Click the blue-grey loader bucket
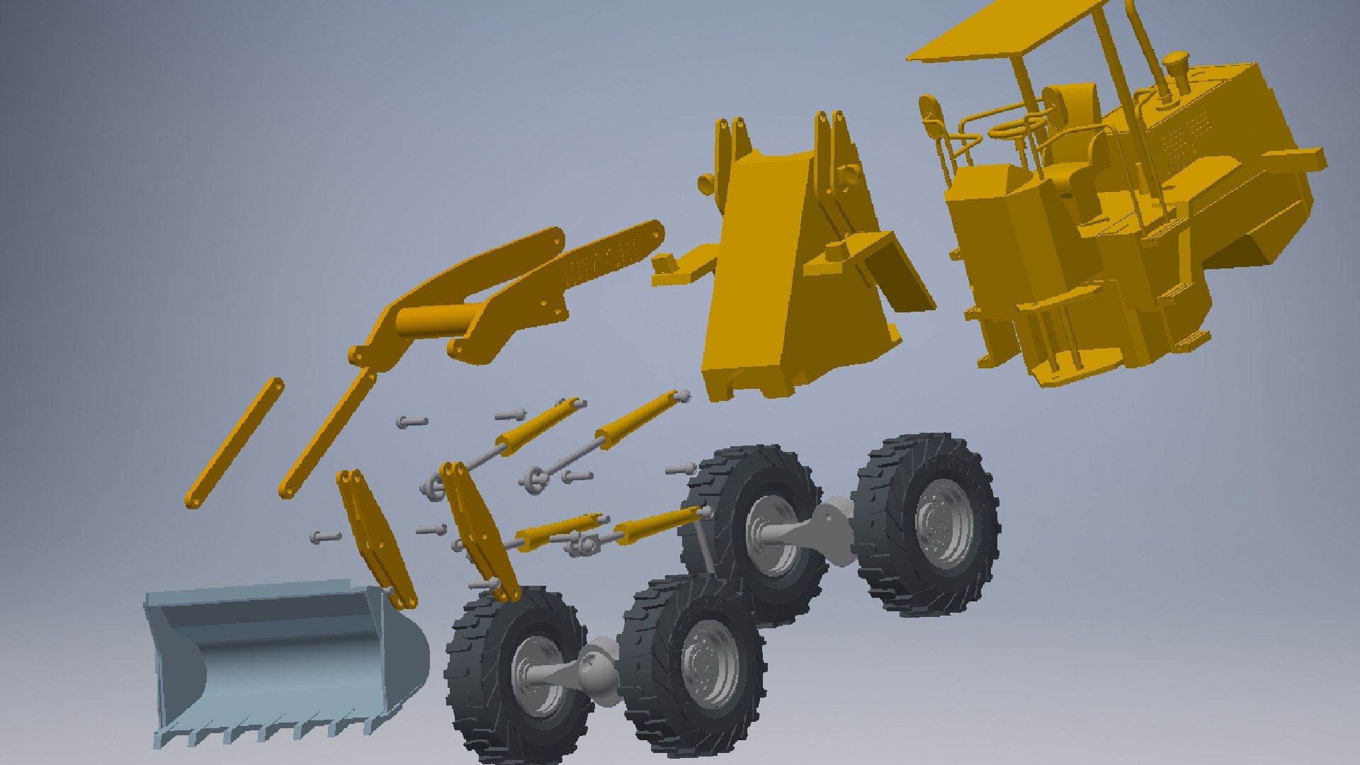point(283,659)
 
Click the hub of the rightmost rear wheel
point(942,524)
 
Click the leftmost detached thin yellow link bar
point(234,443)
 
